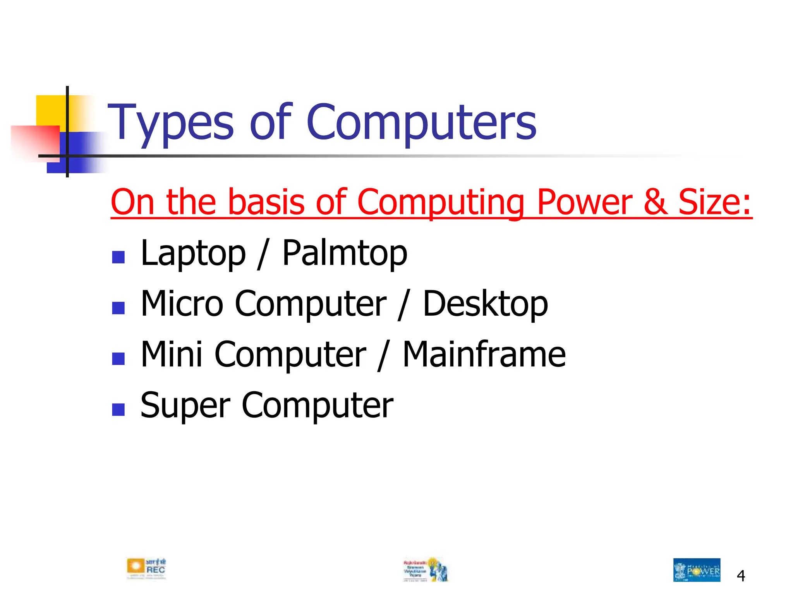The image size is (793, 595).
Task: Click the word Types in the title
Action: pos(170,123)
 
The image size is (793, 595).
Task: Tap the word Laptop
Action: pos(193,254)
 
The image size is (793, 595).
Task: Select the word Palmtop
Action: pos(345,254)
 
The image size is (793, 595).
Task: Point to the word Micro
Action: pos(182,304)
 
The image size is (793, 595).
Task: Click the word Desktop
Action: pos(485,304)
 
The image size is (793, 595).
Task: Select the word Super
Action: pos(185,406)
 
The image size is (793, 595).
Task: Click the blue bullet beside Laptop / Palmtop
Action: pos(118,257)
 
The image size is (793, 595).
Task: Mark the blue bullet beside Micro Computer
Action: pos(118,308)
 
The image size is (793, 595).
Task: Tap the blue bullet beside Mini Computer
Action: pos(118,359)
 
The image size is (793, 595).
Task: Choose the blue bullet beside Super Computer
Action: pos(118,409)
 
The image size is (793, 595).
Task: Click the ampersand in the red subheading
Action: pos(656,202)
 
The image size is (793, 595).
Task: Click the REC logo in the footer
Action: pos(146,569)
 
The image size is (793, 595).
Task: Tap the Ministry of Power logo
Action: pos(697,570)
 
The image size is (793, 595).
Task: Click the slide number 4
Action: pos(741,576)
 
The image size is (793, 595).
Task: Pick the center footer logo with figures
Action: pos(426,569)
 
